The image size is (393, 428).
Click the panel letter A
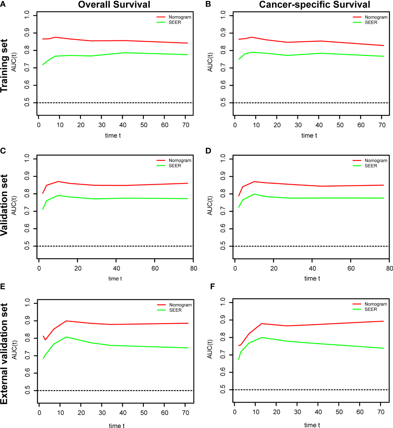3,4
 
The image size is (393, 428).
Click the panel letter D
208,151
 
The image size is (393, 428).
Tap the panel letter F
213,286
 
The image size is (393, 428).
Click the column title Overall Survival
114,5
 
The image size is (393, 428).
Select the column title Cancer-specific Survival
314,5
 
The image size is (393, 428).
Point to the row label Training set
4,66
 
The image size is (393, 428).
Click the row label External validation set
4,354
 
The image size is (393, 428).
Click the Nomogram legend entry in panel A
180,17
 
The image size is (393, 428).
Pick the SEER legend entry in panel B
371,22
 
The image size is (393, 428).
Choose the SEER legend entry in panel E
175,310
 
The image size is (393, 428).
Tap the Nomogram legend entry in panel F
376,304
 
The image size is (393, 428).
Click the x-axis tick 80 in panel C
193,268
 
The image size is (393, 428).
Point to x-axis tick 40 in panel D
312,268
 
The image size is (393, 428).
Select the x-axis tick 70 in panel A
186,125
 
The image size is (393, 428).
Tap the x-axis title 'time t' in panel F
312,425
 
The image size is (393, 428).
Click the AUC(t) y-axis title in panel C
14,205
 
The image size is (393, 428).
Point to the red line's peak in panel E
66,321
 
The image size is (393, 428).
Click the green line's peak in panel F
262,337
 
